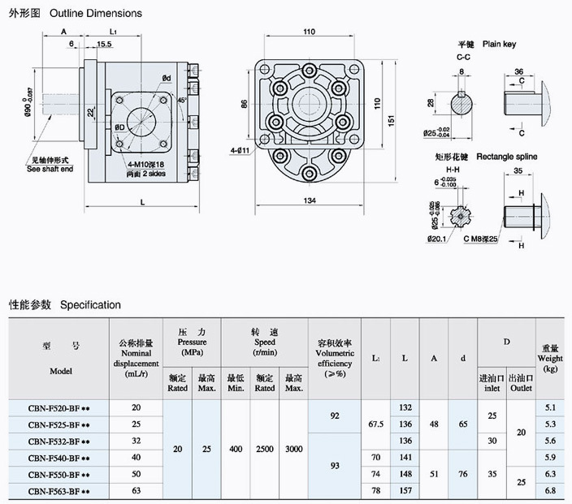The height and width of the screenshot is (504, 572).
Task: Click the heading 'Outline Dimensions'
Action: (x=96, y=13)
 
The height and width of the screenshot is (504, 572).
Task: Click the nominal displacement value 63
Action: (x=136, y=491)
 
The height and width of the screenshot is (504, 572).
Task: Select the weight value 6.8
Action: (x=551, y=491)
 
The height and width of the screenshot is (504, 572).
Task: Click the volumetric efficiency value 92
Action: (x=335, y=416)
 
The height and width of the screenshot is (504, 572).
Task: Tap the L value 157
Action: (x=405, y=491)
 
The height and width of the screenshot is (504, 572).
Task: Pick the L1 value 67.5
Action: (x=375, y=424)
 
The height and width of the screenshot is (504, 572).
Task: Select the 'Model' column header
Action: (x=59, y=371)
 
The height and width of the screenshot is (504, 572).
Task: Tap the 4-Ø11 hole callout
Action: (x=240, y=149)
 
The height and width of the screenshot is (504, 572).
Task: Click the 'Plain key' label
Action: (x=499, y=44)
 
